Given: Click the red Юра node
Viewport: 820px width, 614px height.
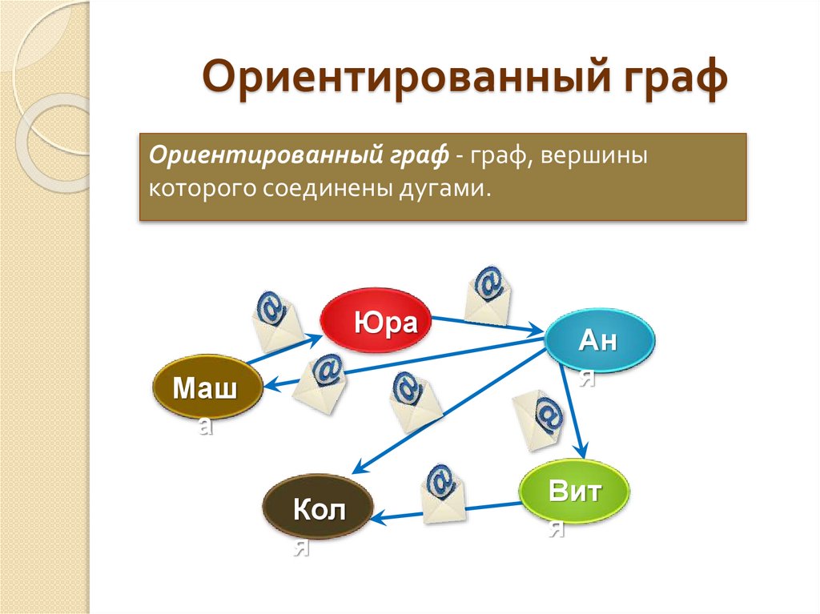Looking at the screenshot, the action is point(376,319).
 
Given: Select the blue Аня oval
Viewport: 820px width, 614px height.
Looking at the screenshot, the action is point(599,340).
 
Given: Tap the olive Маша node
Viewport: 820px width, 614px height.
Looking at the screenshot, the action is point(207,387).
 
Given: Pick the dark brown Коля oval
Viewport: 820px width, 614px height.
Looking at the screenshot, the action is point(318,507).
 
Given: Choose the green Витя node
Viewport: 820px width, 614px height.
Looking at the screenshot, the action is point(574,491).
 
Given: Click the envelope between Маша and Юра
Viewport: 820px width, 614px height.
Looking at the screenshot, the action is point(276,321).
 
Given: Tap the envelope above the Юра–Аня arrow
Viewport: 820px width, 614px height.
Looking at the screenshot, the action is point(488,295).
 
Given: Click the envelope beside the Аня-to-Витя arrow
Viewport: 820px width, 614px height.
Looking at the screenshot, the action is point(538,420).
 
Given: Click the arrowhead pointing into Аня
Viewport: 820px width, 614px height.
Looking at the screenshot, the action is point(536,330).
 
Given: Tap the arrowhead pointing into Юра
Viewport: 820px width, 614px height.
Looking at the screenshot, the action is point(315,339).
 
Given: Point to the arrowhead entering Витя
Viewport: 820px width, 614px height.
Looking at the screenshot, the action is point(581,450).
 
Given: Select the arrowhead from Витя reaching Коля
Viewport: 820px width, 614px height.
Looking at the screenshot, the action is point(379,518).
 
